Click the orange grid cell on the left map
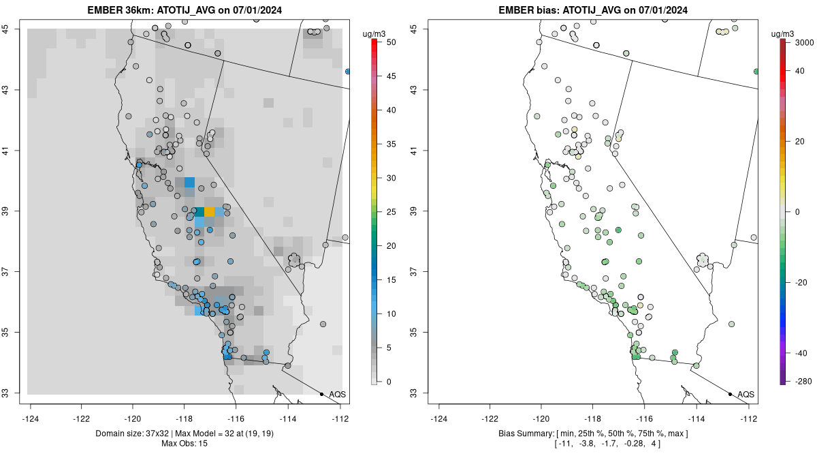[210, 212]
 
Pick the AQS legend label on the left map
[338, 395]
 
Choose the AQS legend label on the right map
[746, 395]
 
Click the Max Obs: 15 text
[185, 444]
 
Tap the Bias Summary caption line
[594, 433]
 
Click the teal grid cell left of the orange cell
[199, 212]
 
